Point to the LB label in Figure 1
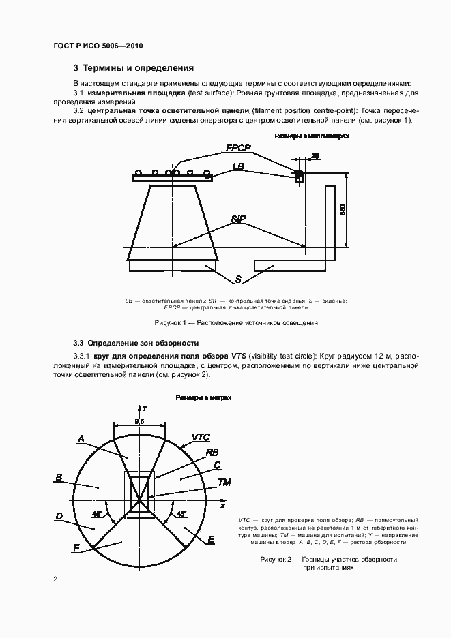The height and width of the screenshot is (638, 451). point(238,166)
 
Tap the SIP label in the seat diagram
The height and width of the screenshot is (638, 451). point(239,219)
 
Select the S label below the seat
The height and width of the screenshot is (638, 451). point(239,279)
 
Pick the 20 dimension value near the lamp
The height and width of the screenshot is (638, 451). point(315,157)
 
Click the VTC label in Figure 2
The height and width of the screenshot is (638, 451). point(201,436)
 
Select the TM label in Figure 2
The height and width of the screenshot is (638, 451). point(224,483)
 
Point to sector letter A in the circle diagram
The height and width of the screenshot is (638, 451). point(81,439)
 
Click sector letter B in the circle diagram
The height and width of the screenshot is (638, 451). point(59,477)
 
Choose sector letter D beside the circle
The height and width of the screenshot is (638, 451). point(59,517)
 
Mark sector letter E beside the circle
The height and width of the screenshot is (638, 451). point(212,539)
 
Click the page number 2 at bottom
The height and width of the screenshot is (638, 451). point(55,579)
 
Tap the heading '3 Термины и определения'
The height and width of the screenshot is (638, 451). point(134,68)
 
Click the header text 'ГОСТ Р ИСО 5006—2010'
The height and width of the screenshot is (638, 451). point(98,46)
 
